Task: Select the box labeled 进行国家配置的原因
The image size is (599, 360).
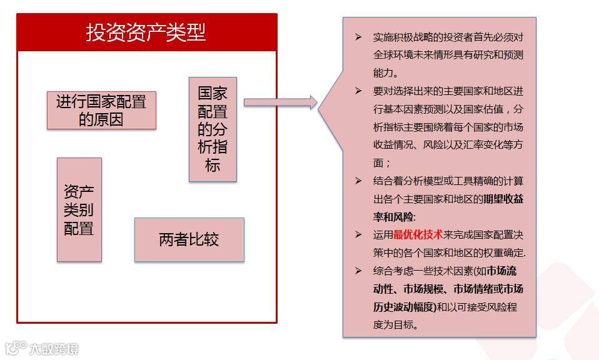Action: click(101, 110)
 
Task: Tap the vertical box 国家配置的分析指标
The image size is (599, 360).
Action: click(213, 129)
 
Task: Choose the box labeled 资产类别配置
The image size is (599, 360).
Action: click(79, 209)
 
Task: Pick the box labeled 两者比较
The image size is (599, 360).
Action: click(189, 239)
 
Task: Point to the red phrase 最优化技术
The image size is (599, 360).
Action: click(418, 235)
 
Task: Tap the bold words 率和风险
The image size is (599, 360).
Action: click(393, 217)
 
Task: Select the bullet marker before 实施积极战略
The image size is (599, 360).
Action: click(358, 37)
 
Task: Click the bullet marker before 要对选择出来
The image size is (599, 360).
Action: click(358, 91)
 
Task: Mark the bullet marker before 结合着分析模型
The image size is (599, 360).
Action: click(358, 181)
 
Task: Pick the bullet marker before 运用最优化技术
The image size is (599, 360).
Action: click(358, 235)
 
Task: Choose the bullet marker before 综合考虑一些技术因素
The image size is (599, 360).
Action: click(358, 271)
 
